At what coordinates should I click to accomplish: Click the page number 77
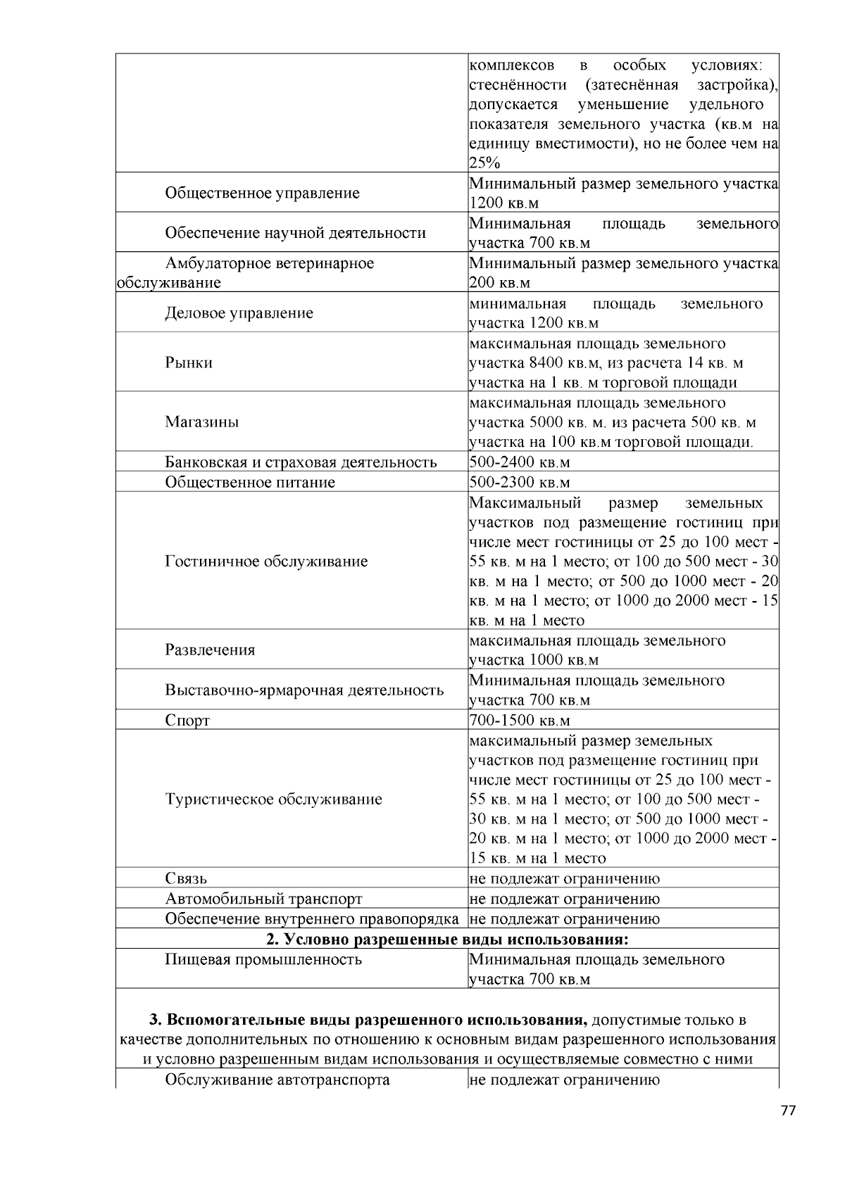[x=788, y=1111]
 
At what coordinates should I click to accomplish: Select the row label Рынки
[x=189, y=362]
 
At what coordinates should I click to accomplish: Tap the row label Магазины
[x=202, y=422]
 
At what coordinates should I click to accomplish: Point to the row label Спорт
[x=187, y=720]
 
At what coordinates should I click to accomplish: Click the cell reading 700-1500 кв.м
[x=519, y=720]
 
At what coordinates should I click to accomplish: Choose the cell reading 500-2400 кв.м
[x=519, y=462]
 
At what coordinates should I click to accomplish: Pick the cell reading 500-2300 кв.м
[x=519, y=482]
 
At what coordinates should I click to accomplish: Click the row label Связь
[x=186, y=878]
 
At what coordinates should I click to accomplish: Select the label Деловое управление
[x=239, y=313]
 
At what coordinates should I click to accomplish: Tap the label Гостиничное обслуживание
[x=266, y=561]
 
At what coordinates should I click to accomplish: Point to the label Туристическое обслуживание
[x=273, y=799]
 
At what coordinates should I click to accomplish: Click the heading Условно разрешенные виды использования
[x=447, y=940]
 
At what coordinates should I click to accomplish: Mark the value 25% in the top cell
[x=484, y=163]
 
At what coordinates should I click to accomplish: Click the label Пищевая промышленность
[x=263, y=959]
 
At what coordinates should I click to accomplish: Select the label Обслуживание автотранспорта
[x=277, y=1079]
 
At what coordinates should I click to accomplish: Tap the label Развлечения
[x=210, y=649]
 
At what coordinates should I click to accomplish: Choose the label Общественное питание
[x=250, y=482]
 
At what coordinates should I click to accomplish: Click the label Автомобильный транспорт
[x=263, y=899]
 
